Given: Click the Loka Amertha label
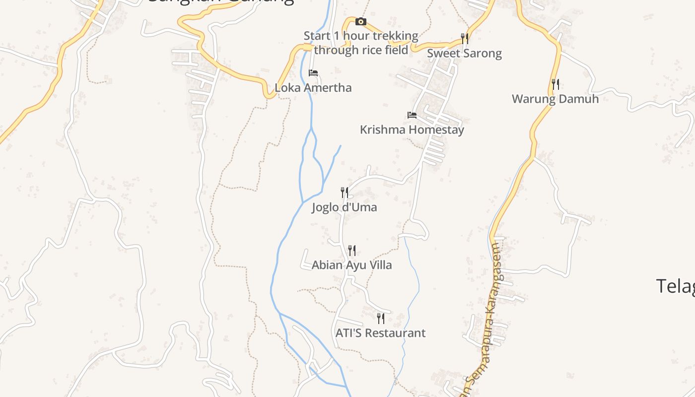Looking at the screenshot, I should pyautogui.click(x=313, y=88).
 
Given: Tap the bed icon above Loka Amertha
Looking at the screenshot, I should pyautogui.click(x=313, y=73).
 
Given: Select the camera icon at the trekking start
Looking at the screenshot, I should pyautogui.click(x=361, y=22).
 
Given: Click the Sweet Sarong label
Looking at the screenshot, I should pyautogui.click(x=464, y=53).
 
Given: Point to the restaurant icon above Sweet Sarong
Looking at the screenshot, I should pyautogui.click(x=465, y=38).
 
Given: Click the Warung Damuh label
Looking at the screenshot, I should pyautogui.click(x=555, y=99).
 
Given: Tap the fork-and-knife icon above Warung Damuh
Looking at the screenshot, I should pyautogui.click(x=556, y=84).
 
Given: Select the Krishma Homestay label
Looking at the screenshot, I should pyautogui.click(x=412, y=130).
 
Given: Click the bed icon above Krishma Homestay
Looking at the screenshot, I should pyautogui.click(x=412, y=115).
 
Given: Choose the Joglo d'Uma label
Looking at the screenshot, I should pyautogui.click(x=345, y=207).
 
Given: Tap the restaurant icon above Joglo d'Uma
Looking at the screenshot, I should pyautogui.click(x=345, y=192).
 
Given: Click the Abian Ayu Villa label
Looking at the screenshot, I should pyautogui.click(x=351, y=265).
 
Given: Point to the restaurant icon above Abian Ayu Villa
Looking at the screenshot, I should pyautogui.click(x=352, y=250).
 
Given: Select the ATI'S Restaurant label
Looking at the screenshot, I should pyautogui.click(x=380, y=333).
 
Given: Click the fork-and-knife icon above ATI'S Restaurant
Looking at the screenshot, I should pyautogui.click(x=381, y=318).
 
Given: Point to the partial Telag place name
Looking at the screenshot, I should pyautogui.click(x=676, y=286).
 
